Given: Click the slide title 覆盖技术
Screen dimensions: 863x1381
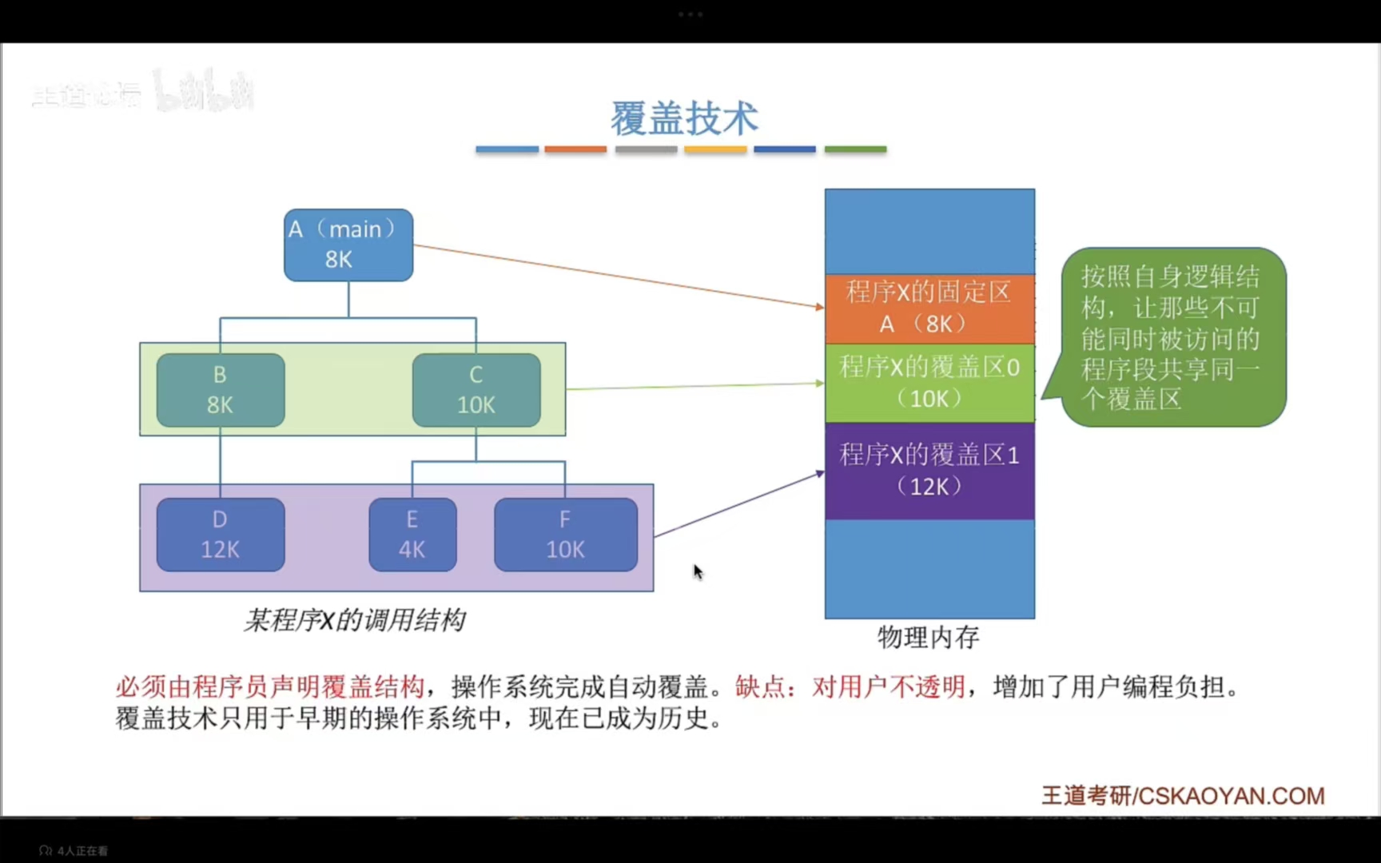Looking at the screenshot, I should [684, 119].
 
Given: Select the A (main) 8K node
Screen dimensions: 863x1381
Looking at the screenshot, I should [348, 245].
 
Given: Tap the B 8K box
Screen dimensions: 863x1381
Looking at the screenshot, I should [221, 390].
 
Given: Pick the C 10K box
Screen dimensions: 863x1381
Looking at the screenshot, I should [476, 390].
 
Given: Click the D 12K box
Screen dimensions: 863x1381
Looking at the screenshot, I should [221, 535].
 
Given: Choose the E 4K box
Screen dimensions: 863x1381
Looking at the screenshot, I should [412, 535].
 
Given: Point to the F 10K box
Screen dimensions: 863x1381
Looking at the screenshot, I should [566, 535].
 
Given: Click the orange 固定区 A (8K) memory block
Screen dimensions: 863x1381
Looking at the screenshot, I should [929, 308].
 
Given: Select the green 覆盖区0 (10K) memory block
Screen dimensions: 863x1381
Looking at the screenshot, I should [929, 383].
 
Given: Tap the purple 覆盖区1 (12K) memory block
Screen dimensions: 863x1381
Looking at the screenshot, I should [929, 471].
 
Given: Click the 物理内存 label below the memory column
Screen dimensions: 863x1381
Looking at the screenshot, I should [928, 637].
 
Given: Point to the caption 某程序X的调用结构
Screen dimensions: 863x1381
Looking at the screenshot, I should [354, 620].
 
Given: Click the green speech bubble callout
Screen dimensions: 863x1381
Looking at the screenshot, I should [1172, 337].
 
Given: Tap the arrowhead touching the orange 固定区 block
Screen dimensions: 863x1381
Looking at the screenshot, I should [820, 307].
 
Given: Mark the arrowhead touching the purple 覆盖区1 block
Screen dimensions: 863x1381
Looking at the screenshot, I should [820, 474].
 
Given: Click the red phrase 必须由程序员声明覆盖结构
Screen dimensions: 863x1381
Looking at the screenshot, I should [269, 686].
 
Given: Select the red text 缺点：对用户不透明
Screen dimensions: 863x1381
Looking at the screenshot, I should [850, 686].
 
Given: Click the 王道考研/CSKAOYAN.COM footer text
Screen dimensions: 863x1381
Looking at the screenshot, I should [1183, 796].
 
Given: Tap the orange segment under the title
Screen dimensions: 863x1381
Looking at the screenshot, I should [575, 149].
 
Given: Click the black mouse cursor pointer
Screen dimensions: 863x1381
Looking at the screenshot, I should [698, 571].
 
